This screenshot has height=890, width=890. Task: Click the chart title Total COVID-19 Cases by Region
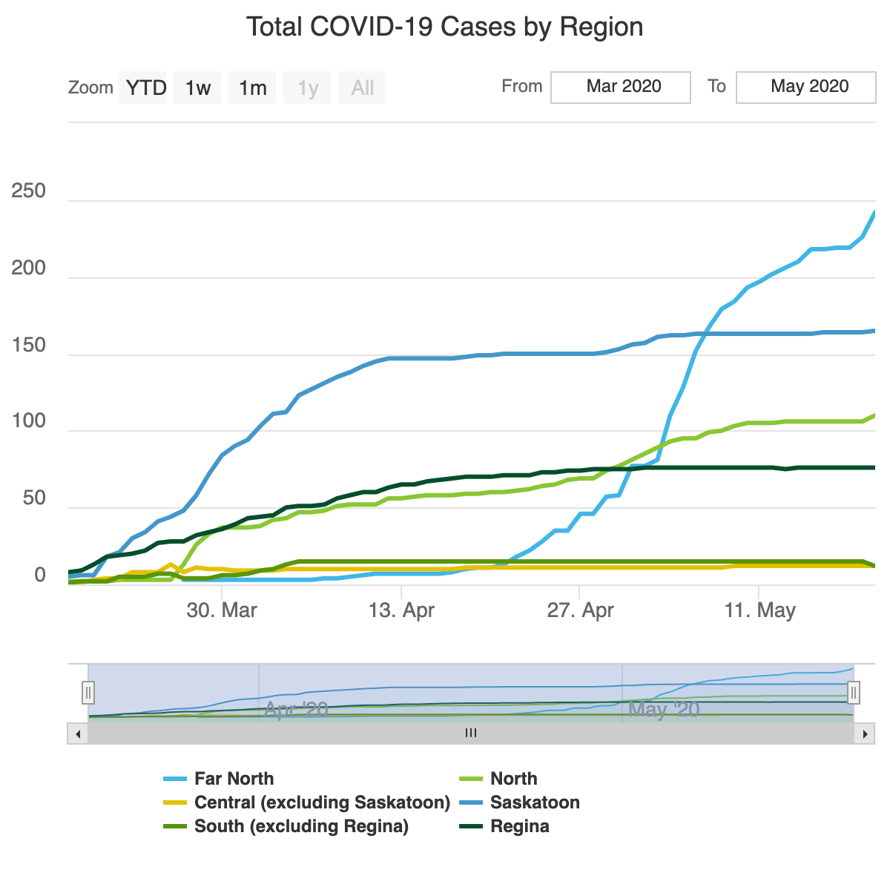tap(444, 27)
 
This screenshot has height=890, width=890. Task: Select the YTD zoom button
tap(145, 88)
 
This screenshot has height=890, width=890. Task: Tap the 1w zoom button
tap(197, 88)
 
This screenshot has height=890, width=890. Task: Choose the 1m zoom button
tap(252, 88)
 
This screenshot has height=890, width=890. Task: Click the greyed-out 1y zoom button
tap(308, 88)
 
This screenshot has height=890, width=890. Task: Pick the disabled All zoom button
tap(362, 88)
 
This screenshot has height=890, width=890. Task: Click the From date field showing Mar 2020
tap(621, 87)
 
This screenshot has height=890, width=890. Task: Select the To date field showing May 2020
tap(806, 87)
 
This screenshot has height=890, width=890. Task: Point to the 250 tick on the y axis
tap(29, 191)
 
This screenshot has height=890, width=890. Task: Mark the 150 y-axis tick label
tap(29, 346)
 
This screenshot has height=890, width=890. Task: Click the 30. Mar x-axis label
tap(222, 610)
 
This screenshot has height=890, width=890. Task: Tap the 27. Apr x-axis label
tap(580, 610)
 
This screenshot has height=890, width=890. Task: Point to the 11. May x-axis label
tap(759, 610)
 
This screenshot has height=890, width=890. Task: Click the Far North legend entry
tap(234, 779)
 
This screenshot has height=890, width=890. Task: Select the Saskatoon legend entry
tap(535, 802)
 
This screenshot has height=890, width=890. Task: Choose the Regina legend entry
tap(519, 826)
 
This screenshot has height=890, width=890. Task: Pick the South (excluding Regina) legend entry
tap(301, 826)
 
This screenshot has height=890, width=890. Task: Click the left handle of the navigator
tap(88, 693)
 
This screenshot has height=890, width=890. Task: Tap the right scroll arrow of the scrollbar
tap(864, 734)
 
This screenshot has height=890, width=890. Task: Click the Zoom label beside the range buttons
tap(90, 88)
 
